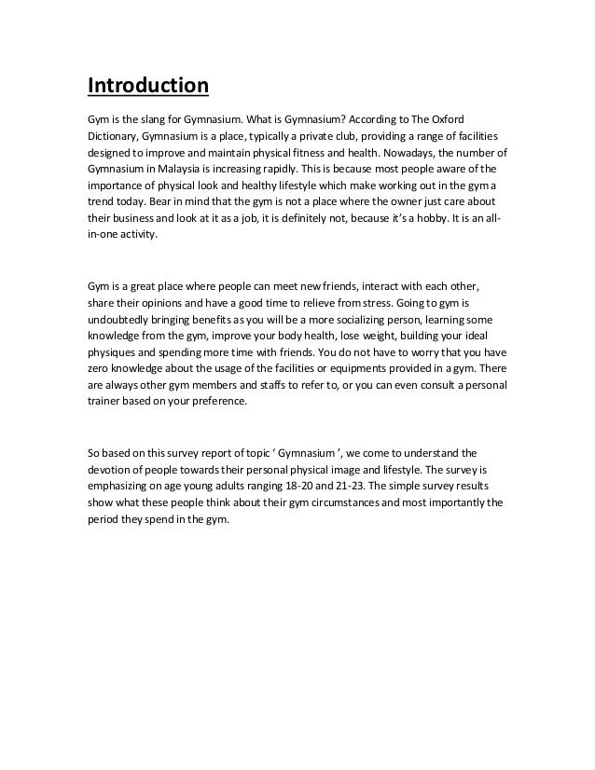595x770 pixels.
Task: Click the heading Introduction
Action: [x=147, y=88]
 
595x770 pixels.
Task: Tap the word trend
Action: [x=101, y=201]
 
